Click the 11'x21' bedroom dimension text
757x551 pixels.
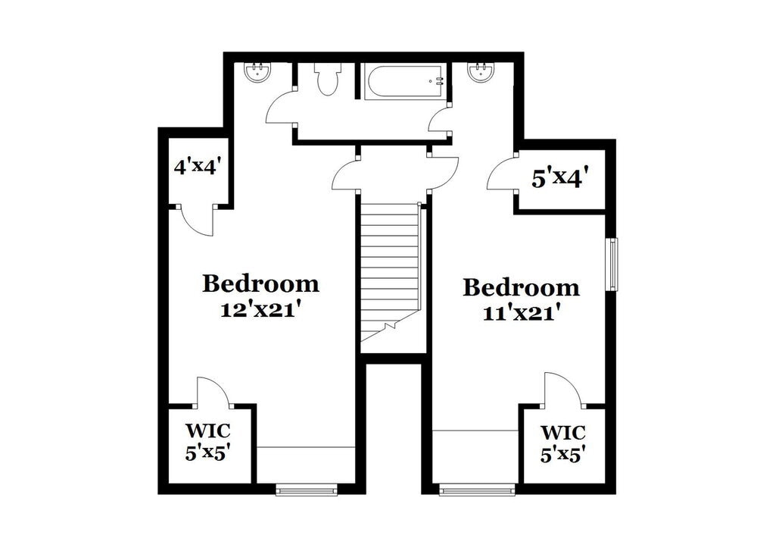[521, 312]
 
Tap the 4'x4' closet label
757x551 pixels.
[196, 167]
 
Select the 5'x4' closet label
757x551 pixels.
[560, 180]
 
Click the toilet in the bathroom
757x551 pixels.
[328, 79]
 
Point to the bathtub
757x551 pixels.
[404, 82]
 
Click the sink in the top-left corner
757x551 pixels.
[258, 73]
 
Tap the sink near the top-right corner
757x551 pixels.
[480, 73]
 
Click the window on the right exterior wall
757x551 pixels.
[613, 264]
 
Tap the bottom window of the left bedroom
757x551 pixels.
[307, 490]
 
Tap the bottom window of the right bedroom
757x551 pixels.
[477, 490]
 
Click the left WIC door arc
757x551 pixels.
[213, 391]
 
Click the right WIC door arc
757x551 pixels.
[561, 389]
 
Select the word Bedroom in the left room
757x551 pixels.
[260, 284]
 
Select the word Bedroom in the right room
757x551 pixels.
[521, 288]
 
